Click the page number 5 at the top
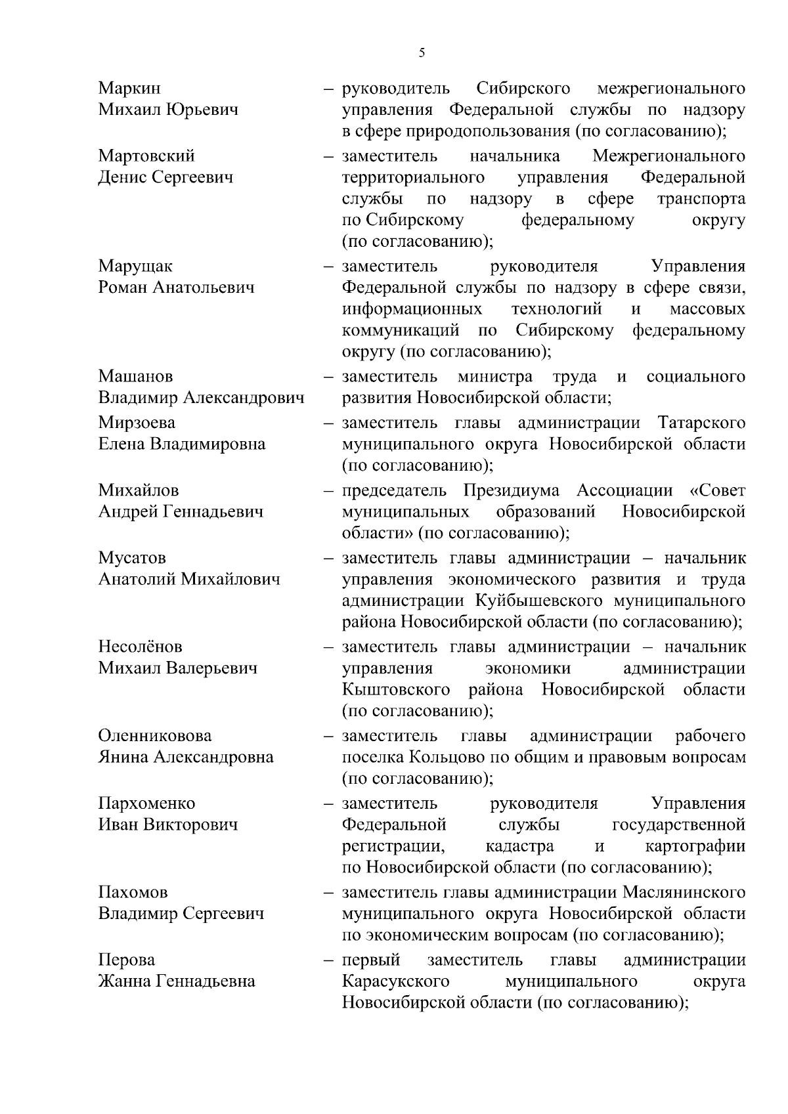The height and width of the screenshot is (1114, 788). pos(422,53)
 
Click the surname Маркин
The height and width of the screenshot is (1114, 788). pos(129,88)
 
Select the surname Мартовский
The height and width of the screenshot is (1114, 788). pos(146,156)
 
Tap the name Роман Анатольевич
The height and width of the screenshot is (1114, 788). pos(176,288)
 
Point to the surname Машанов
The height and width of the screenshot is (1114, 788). pos(136,376)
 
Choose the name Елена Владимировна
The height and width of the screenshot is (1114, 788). pos(182,444)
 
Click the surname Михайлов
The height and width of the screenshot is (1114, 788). pos(139,490)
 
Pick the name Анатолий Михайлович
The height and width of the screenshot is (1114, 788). pos(189,579)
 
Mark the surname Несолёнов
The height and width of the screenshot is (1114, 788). pos(141,647)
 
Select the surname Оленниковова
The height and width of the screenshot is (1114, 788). pos(155,735)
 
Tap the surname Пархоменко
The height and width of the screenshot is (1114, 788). pos(146,803)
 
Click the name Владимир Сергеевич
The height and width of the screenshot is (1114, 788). pos(181,914)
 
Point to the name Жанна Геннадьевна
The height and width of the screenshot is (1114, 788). pos(177,981)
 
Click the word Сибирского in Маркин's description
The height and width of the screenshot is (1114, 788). pos(523,88)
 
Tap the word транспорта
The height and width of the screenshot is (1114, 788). pos(701,198)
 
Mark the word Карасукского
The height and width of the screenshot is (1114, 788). pos(396,981)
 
